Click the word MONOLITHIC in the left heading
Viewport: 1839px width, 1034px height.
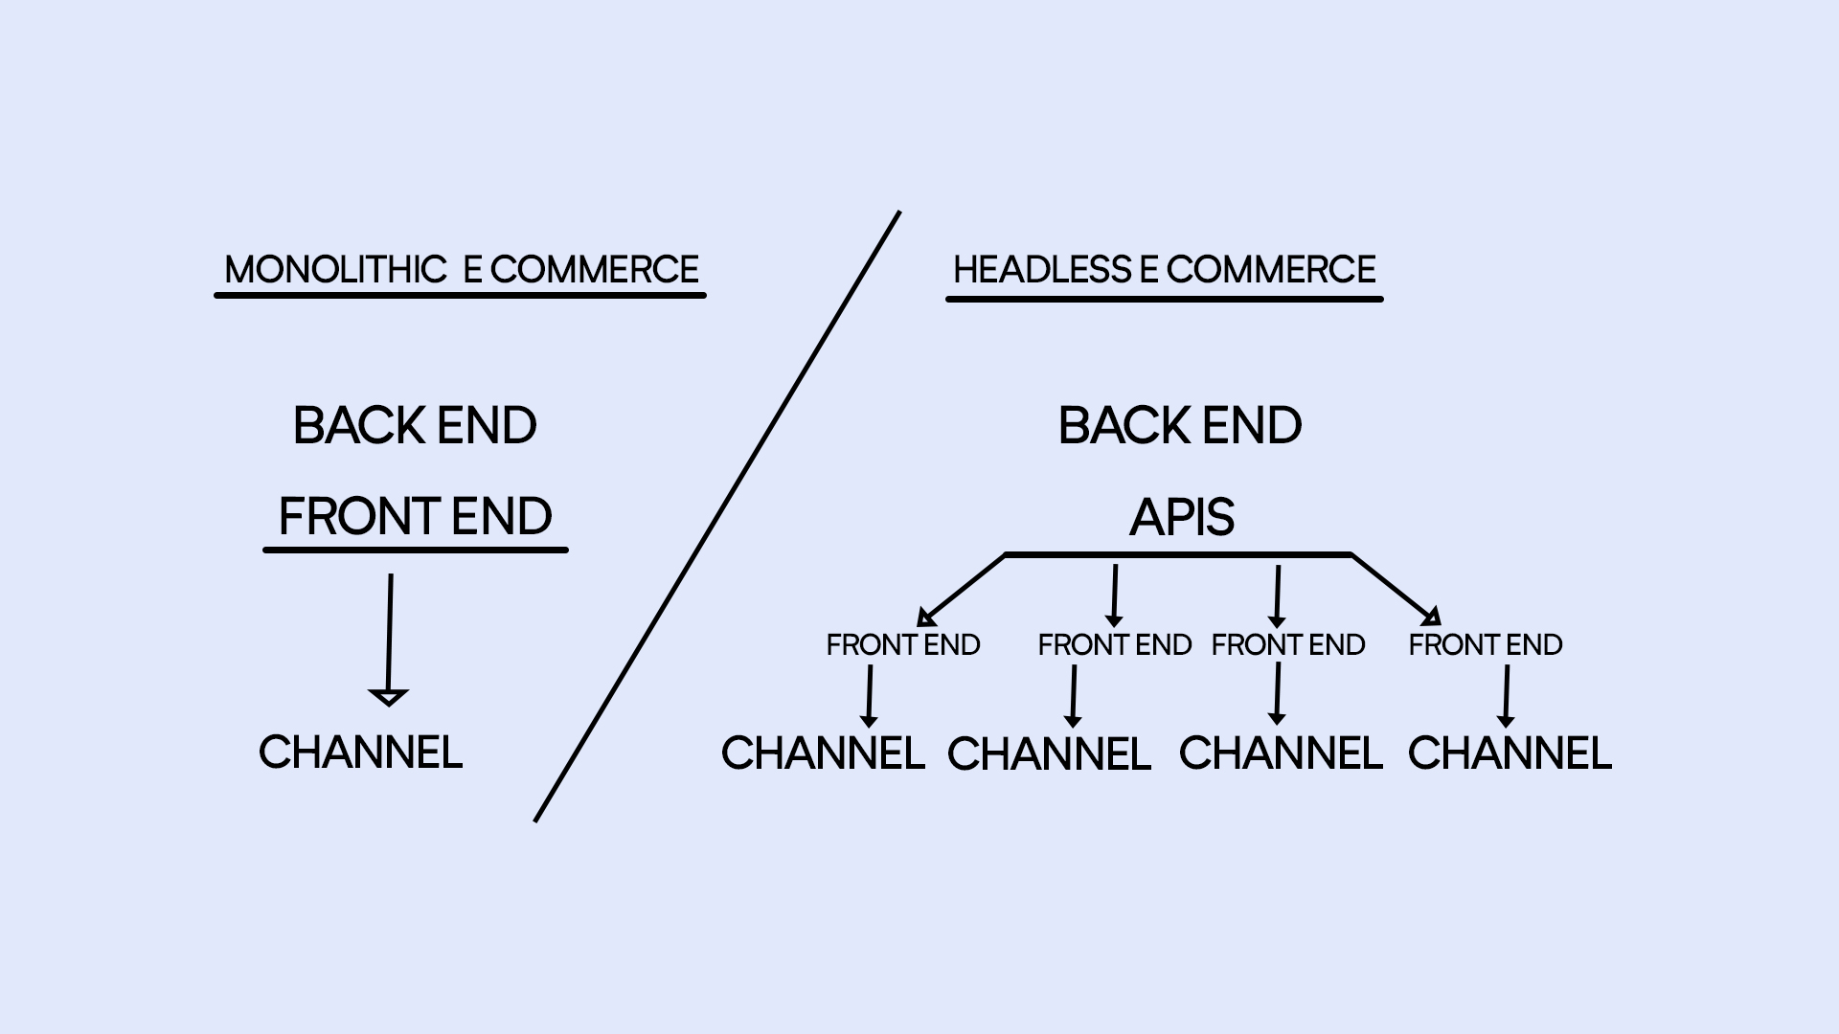tap(335, 270)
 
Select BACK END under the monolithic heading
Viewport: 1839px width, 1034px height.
tap(415, 426)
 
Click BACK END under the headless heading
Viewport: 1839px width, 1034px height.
tap(1180, 426)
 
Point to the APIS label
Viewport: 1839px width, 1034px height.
tap(1182, 518)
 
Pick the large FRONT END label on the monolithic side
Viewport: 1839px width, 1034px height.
tap(415, 517)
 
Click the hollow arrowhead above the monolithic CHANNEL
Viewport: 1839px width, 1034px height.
tap(388, 696)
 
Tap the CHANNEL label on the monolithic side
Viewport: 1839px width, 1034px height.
tap(361, 753)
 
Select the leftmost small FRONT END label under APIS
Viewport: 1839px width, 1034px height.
tap(903, 645)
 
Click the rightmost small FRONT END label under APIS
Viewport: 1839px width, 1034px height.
tap(1486, 645)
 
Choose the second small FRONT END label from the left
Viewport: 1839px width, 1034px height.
tap(1115, 645)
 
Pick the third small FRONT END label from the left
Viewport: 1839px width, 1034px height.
tap(1288, 645)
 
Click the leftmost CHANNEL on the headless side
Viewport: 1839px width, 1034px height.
tap(823, 753)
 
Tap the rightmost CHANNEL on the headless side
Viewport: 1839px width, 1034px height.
tap(1510, 753)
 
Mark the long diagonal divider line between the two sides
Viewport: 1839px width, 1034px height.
tap(717, 517)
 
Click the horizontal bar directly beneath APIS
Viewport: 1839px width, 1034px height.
tap(1178, 554)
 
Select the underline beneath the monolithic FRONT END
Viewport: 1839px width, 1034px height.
tap(416, 551)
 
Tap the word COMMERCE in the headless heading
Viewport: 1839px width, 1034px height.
tap(1271, 270)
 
